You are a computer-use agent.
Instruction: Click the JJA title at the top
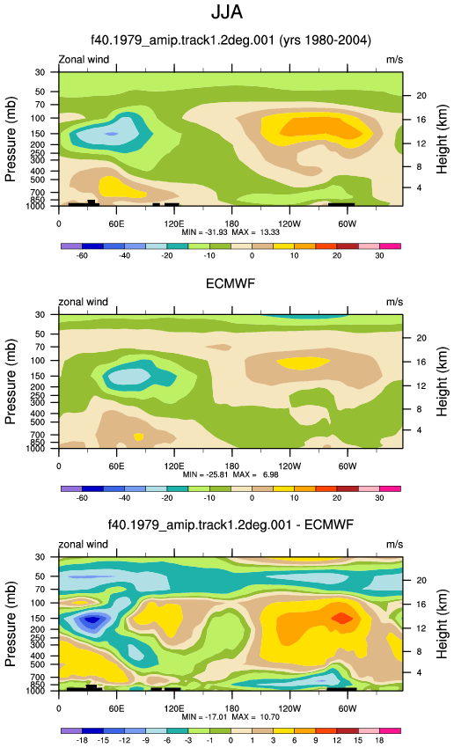click(x=227, y=12)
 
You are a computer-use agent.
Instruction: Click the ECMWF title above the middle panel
click(x=231, y=284)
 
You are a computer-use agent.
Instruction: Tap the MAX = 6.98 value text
click(x=257, y=474)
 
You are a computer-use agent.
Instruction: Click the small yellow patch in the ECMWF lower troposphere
click(x=138, y=436)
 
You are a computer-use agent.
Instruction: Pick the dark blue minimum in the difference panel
click(x=92, y=620)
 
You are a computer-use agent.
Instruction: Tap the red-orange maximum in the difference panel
click(x=342, y=618)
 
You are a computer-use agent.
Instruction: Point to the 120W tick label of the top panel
click(x=289, y=224)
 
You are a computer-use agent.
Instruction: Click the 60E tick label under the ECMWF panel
click(x=116, y=466)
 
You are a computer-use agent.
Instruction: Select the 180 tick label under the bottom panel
click(x=231, y=708)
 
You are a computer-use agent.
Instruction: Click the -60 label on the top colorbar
click(x=82, y=256)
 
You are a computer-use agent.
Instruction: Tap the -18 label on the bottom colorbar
click(x=82, y=740)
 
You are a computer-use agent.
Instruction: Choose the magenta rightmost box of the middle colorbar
click(x=390, y=488)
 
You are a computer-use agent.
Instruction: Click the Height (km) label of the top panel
click(x=442, y=139)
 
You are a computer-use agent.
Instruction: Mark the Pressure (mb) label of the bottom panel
click(x=11, y=624)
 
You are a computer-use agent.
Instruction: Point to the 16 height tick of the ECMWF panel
click(x=421, y=362)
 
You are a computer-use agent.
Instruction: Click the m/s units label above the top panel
click(x=394, y=60)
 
